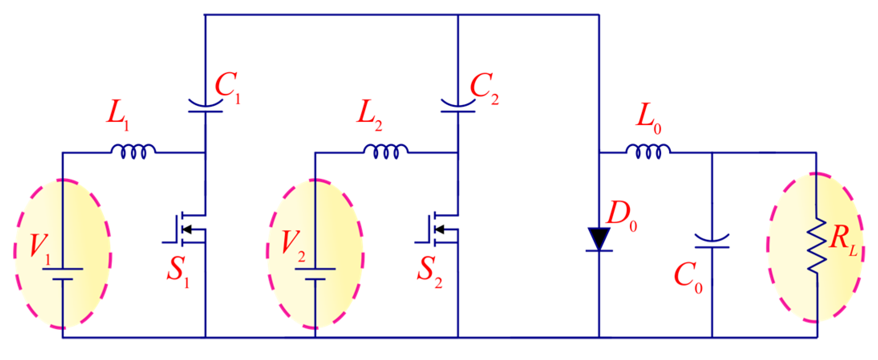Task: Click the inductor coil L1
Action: pyautogui.click(x=134, y=152)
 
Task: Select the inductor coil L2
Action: pyautogui.click(x=386, y=152)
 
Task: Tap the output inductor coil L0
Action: pyautogui.click(x=648, y=152)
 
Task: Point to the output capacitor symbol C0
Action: pyautogui.click(x=712, y=242)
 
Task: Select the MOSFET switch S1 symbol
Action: pyautogui.click(x=188, y=229)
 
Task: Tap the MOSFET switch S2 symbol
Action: pyautogui.click(x=441, y=229)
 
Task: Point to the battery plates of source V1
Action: pyautogui.click(x=63, y=274)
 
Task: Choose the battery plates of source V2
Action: pyautogui.click(x=315, y=274)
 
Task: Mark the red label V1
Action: pyautogui.click(x=40, y=248)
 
